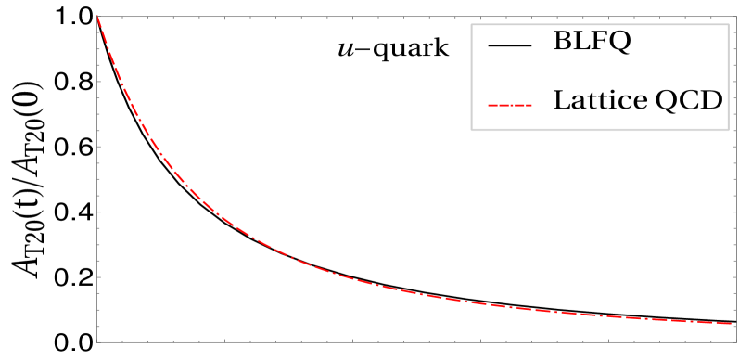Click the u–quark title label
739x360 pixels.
pyautogui.click(x=392, y=48)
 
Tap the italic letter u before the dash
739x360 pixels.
pyautogui.click(x=346, y=49)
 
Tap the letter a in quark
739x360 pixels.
pyautogui.click(x=409, y=49)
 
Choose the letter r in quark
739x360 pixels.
pyautogui.click(x=424, y=49)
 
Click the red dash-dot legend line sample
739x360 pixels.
pyautogui.click(x=510, y=106)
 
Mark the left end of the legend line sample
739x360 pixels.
pyautogui.click(x=489, y=106)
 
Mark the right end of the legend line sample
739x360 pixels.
pyautogui.click(x=531, y=106)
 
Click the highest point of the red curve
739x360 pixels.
pyautogui.click(x=97, y=18)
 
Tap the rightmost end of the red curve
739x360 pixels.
pyautogui.click(x=733, y=324)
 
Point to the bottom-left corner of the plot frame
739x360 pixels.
pyautogui.click(x=97, y=341)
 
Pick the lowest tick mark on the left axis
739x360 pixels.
pyautogui.click(x=100, y=326)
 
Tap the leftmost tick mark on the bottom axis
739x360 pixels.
pyautogui.click(x=122, y=340)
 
